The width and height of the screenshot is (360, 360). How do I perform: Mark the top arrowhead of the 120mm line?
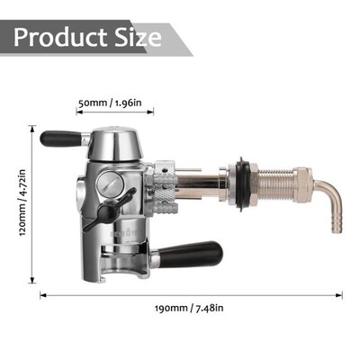click(34, 128)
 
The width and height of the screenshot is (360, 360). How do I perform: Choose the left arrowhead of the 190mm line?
click(41, 294)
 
